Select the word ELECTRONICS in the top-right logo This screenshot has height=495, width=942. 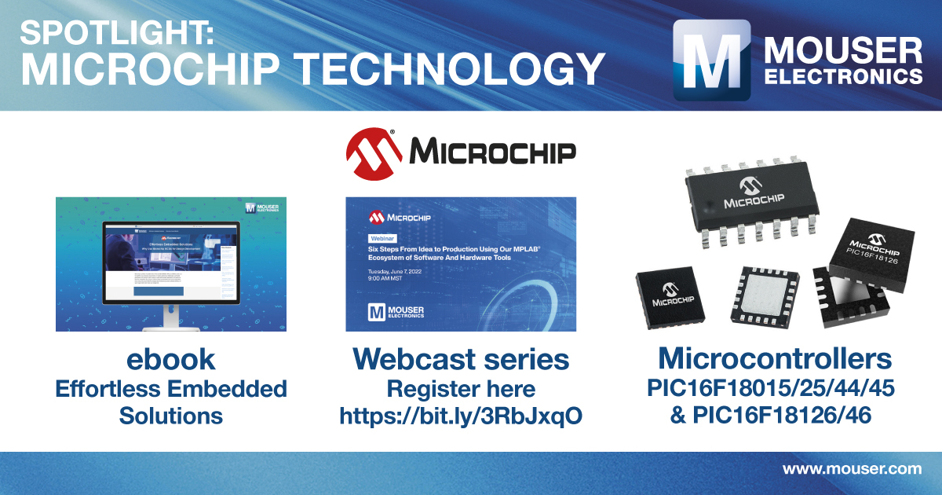pyautogui.click(x=843, y=77)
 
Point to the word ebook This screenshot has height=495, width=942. pyautogui.click(x=170, y=359)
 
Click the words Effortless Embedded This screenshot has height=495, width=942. pyautogui.click(x=170, y=388)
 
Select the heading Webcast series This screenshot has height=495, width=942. pyautogui.click(x=461, y=359)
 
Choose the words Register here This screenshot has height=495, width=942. pyautogui.click(x=461, y=389)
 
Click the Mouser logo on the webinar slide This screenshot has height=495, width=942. pyautogui.click(x=396, y=311)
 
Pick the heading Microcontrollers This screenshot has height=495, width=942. pyautogui.click(x=776, y=359)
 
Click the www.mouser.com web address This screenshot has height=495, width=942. pyautogui.click(x=852, y=470)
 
